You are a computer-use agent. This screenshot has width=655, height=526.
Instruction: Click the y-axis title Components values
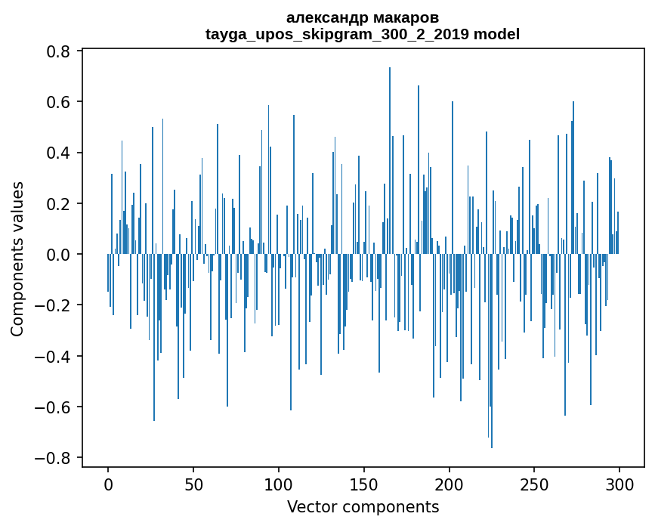point(17,258)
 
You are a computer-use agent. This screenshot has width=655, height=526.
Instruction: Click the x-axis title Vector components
point(363,506)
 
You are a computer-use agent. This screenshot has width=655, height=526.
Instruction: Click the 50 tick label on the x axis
point(193,484)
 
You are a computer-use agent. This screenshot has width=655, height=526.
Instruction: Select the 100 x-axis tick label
point(279,484)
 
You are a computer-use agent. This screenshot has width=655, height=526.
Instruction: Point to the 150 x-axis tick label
point(364,484)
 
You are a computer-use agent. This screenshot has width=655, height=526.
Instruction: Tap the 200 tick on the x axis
point(450,484)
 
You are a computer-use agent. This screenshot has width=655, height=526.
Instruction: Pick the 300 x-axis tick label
point(619,484)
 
